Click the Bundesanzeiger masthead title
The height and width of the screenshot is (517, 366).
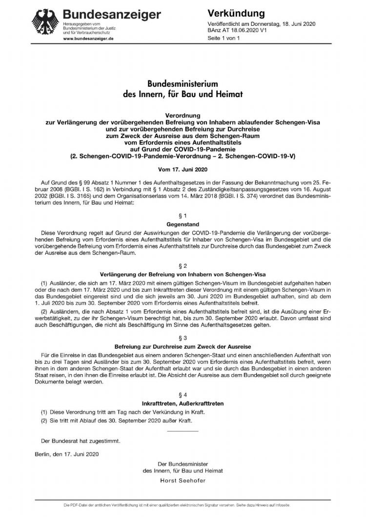coord(112,15)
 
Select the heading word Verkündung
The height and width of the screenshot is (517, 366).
coord(236,13)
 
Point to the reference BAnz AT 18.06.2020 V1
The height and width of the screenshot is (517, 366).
coord(240,30)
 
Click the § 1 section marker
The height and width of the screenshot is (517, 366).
coord(183,215)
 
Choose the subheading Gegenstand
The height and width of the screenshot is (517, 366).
coord(183,224)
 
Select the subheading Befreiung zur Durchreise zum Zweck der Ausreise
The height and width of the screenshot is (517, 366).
coord(183,345)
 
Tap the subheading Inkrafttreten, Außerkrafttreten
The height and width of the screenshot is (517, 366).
coord(183,403)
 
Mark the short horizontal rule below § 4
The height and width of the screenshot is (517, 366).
coord(183,431)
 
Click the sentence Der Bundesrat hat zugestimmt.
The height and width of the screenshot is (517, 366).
coord(81,440)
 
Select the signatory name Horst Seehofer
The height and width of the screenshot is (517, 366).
coord(183,480)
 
